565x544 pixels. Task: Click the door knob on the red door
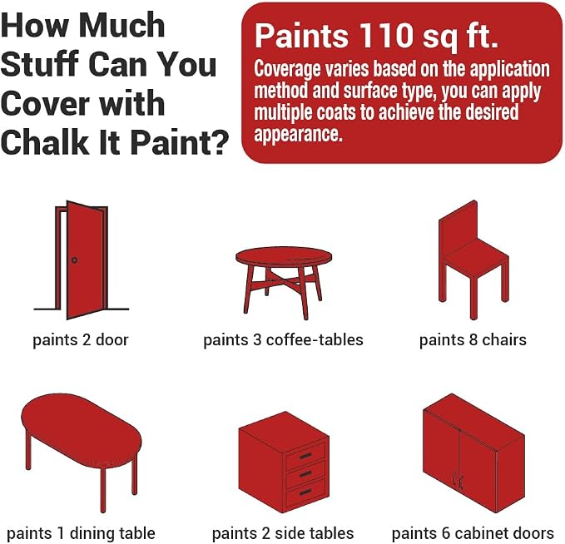[75, 260]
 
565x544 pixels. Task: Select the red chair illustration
[473, 260]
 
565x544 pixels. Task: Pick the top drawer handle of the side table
[305, 457]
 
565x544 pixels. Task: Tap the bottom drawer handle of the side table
[305, 492]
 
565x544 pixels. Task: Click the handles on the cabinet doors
[458, 480]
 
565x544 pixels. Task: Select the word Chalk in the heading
[44, 142]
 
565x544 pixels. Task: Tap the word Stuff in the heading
[40, 64]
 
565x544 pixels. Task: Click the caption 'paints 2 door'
[81, 340]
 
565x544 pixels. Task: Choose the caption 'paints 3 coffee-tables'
[283, 340]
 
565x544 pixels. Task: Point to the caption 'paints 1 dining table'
[81, 533]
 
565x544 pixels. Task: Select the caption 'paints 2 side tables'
[283, 533]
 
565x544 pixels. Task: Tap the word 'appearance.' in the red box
[298, 135]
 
